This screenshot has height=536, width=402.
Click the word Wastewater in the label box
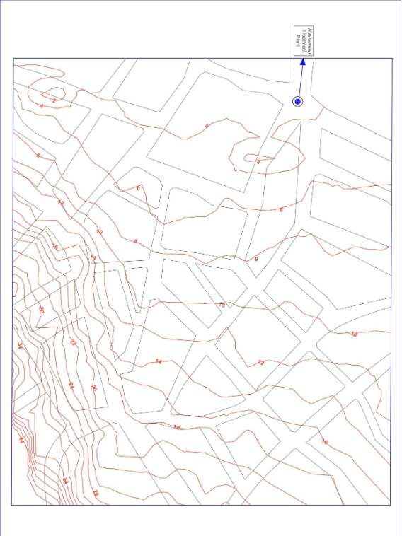tap(309, 41)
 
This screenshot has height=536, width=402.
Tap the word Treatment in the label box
tap(303, 41)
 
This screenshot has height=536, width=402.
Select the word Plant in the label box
tap(297, 41)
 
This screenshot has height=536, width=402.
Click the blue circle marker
tap(298, 102)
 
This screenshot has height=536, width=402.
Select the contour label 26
tap(40, 310)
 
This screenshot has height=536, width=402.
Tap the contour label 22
tap(73, 342)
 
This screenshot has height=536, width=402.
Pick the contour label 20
tap(93, 388)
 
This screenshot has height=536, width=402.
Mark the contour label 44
tap(21, 440)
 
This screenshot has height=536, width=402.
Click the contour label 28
tap(96, 493)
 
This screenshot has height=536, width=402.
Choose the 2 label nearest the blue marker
tap(258, 162)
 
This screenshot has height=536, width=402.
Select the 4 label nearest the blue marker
tap(207, 126)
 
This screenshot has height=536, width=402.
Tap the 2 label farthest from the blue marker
tap(54, 101)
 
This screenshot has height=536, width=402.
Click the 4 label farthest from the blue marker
tap(41, 106)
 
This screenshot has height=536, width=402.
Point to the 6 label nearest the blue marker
tap(280, 210)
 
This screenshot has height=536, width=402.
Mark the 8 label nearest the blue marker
tap(256, 260)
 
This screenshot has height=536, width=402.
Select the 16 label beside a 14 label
tap(54, 247)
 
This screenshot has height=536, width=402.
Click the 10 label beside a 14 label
tap(98, 232)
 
